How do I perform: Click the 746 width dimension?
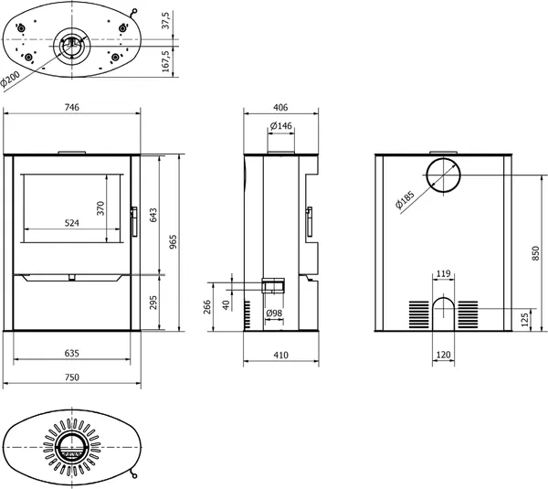tap(72, 107)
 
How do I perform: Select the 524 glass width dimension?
tap(72, 223)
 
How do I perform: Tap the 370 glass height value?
tap(100, 208)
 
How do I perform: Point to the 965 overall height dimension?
tap(173, 242)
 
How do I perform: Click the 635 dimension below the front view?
tap(72, 354)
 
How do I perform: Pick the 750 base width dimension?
tap(72, 377)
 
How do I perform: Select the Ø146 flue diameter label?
tap(281, 125)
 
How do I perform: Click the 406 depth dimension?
tap(281, 107)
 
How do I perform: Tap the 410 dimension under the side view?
tap(281, 356)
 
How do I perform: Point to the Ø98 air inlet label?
tap(274, 314)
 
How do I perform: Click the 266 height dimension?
tap(207, 307)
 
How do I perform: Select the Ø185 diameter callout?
tap(405, 200)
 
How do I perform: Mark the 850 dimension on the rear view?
tap(535, 253)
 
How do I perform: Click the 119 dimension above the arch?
tap(444, 273)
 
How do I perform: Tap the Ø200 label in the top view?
tap(9, 80)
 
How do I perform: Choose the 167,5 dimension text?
tap(165, 61)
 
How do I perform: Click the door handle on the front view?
tap(134, 221)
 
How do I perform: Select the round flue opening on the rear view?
tap(444, 175)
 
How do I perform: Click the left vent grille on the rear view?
tap(419, 314)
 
